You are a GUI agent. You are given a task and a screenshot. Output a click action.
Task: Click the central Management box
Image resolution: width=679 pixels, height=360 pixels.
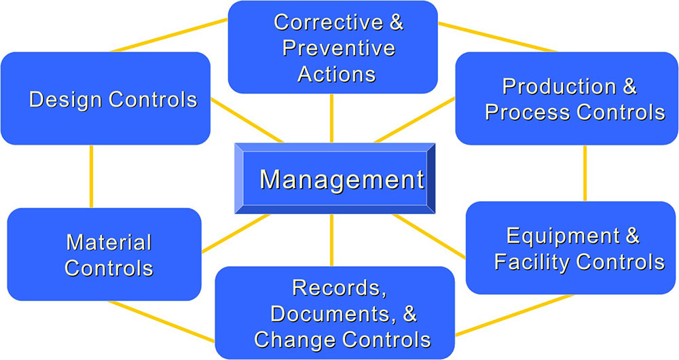tap(335, 179)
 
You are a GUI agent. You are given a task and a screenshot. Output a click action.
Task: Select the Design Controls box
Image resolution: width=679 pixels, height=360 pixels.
tap(106, 98)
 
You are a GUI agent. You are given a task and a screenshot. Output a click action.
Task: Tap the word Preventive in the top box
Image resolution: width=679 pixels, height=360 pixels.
tap(339, 48)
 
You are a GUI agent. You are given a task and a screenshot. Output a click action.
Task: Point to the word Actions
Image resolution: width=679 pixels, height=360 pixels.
tap(337, 73)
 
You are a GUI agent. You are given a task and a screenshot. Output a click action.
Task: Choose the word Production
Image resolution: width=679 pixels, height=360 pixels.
tap(559, 87)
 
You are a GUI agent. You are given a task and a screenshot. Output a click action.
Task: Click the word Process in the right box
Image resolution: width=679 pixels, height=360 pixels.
tap(528, 112)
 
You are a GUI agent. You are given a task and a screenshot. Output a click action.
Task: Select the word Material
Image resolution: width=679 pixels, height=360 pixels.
tap(109, 242)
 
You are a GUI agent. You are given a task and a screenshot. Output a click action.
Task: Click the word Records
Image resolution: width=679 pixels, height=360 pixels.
tap(339, 289)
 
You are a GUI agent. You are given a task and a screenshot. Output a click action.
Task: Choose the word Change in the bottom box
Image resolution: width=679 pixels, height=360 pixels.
tap(295, 340)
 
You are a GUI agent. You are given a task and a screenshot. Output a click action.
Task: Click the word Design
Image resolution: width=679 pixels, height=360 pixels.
tap(66, 100)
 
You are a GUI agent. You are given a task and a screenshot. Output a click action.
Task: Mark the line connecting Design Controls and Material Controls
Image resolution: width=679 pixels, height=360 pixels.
tap(91, 177)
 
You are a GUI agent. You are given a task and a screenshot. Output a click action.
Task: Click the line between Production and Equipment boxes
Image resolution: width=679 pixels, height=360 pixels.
tap(585, 173)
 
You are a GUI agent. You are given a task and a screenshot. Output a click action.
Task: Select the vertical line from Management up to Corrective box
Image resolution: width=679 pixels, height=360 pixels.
tap(332, 118)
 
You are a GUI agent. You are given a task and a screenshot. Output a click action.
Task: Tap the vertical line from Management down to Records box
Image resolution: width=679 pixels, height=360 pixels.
tap(332, 240)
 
